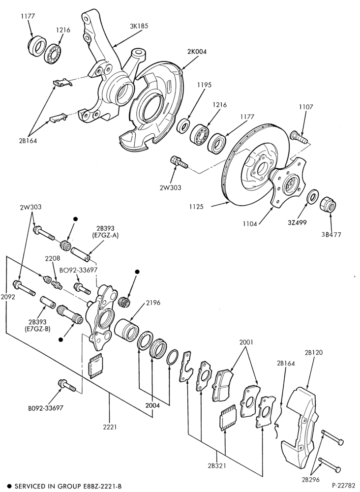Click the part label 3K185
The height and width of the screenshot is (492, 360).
coord(139,26)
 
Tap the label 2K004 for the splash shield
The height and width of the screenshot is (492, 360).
coord(197,52)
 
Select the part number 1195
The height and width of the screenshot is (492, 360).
coord(205,85)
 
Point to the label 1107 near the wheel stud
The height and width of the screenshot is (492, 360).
coord(306,107)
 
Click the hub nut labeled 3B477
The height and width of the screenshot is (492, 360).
coord(329,206)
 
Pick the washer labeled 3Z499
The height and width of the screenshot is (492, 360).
coord(313,196)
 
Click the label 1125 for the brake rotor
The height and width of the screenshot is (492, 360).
coord(196,207)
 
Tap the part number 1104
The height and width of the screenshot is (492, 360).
coord(250,224)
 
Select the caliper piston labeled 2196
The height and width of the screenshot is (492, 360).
coord(126,331)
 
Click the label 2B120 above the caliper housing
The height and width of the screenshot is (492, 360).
coord(314,352)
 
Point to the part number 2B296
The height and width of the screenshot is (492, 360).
coord(311,479)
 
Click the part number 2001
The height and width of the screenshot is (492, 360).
coord(246,342)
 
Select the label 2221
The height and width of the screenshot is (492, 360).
coord(109,427)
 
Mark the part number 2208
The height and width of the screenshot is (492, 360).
coord(52,259)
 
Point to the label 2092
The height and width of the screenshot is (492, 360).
coord(7,297)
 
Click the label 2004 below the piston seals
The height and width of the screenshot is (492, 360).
coord(152,405)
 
